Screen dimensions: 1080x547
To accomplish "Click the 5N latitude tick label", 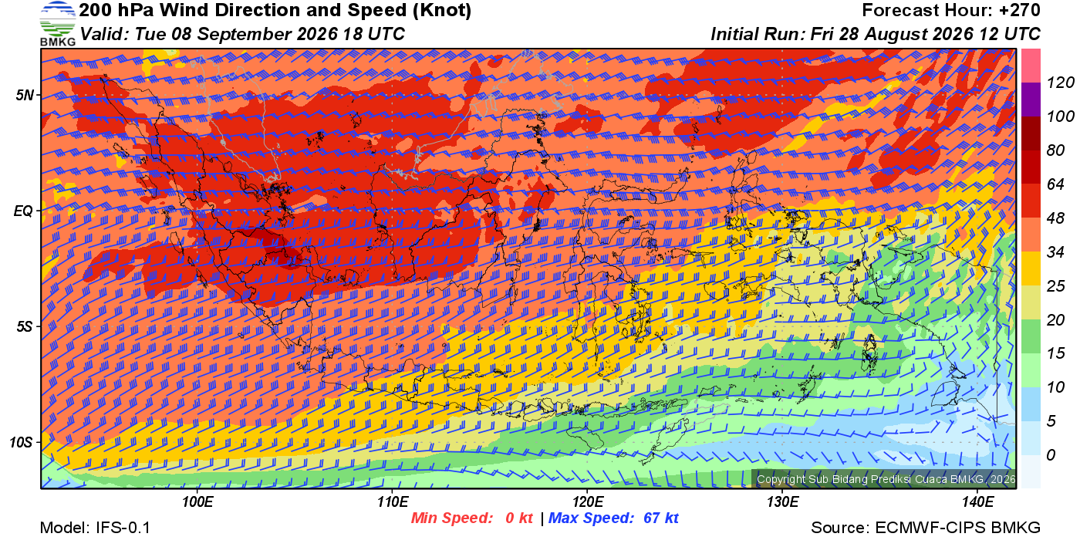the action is (25, 95).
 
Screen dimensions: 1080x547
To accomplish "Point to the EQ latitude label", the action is (24, 211).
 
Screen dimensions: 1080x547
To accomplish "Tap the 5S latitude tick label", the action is (25, 326).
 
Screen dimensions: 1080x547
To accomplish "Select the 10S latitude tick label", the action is (22, 442).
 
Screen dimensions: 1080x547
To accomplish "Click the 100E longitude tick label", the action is (197, 502).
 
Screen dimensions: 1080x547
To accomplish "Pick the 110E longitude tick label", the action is (393, 502).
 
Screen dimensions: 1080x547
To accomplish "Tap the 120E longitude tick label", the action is (588, 502).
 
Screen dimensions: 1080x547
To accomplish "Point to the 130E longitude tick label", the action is (782, 502).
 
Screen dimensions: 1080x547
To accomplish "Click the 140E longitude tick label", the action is (978, 502).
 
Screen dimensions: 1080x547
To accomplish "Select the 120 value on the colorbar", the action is (1060, 83).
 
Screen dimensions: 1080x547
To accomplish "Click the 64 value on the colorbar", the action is (1055, 184).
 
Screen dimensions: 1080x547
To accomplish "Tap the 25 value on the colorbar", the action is (1055, 285).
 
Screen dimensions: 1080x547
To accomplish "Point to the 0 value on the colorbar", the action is (1051, 454).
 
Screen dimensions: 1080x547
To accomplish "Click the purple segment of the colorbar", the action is (1031, 100).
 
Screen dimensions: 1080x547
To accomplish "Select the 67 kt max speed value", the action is (661, 518).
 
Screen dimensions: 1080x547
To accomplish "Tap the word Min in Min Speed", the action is (425, 518).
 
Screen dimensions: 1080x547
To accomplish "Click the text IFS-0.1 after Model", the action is (123, 528).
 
